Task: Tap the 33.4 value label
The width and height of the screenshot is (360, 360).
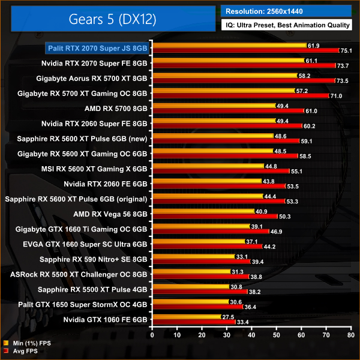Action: pos(243,322)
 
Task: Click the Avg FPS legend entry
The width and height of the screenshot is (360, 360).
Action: pos(23,351)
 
